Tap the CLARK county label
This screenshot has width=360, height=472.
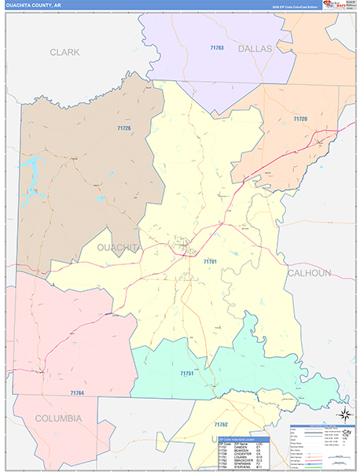(64, 52)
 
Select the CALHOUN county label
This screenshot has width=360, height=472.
(309, 273)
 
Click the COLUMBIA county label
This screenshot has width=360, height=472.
(50, 419)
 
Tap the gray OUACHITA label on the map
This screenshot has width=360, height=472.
(119, 247)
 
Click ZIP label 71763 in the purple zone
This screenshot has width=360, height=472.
(217, 48)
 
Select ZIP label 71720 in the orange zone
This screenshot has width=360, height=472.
(300, 119)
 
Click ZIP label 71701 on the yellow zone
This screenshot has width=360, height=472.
(210, 260)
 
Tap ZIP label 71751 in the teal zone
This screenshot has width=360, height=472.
(187, 373)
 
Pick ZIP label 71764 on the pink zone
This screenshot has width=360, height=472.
(77, 392)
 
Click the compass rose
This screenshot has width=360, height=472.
(343, 414)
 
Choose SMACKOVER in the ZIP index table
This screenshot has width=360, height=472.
(244, 460)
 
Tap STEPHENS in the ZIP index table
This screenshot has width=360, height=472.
(242, 468)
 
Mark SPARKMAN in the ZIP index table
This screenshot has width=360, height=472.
(243, 464)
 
